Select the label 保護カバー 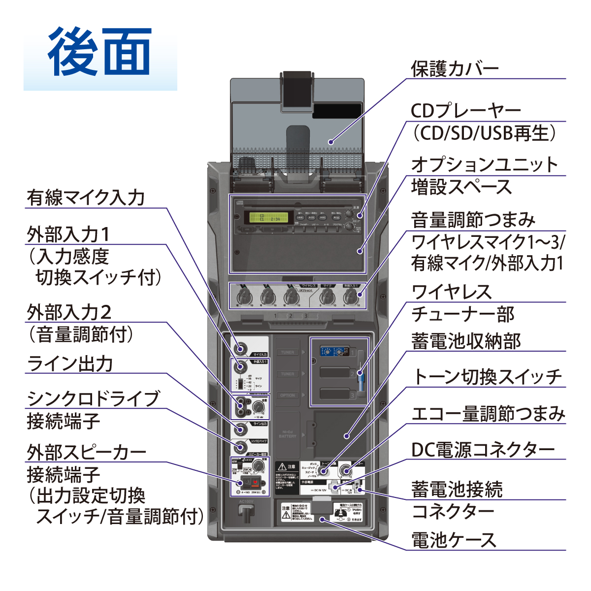pyautogui.click(x=455, y=69)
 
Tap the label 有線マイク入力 pyautogui.click(x=86, y=197)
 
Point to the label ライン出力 pyautogui.click(x=70, y=363)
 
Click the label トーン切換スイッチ pyautogui.click(x=487, y=377)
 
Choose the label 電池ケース pyautogui.click(x=454, y=540)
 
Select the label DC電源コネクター pyautogui.click(x=483, y=450)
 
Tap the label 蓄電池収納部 pyautogui.click(x=466, y=341)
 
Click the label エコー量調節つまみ pyautogui.click(x=488, y=414)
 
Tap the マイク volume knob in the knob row pyautogui.click(x=327, y=296)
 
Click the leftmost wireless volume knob pyautogui.click(x=245, y=296)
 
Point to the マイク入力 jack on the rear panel pyautogui.click(x=241, y=349)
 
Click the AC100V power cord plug pyautogui.click(x=246, y=511)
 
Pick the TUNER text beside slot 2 pyautogui.click(x=288, y=374)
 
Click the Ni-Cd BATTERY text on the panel pyautogui.click(x=288, y=434)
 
